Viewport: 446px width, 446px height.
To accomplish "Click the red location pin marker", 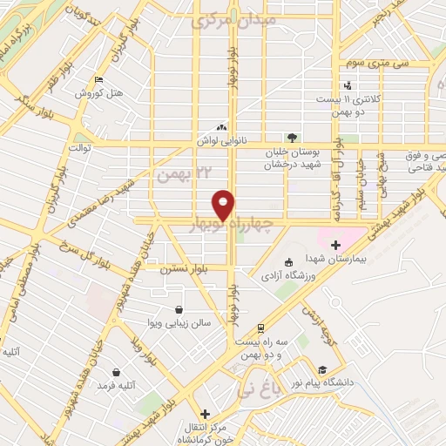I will [x=225, y=204].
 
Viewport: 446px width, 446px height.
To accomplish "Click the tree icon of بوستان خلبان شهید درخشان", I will [x=291, y=137].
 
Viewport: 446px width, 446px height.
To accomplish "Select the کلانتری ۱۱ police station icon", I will [x=348, y=85].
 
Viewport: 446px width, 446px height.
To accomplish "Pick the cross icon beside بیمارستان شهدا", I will [x=334, y=247].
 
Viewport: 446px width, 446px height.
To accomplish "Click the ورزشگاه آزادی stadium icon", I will [x=289, y=262].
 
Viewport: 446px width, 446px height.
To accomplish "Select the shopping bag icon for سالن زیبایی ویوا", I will [x=179, y=308].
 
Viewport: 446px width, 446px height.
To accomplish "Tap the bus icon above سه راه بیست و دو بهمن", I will [x=260, y=328].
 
